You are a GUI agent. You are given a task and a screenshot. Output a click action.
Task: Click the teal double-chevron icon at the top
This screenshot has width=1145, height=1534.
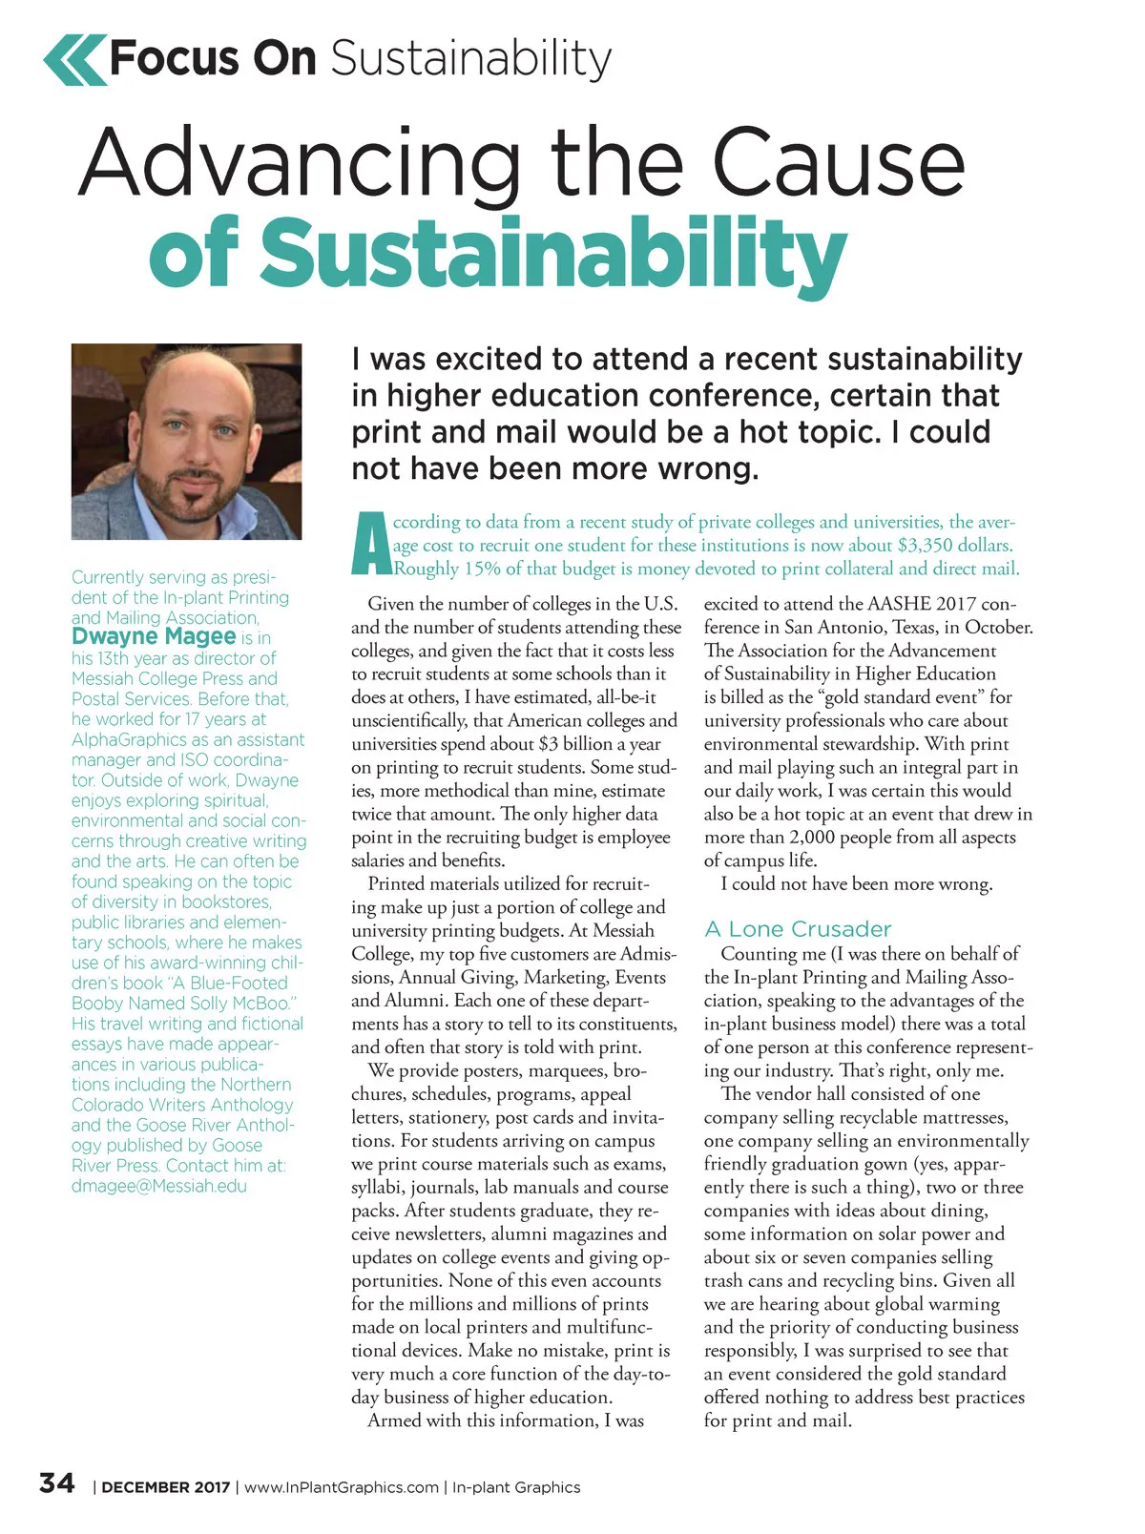tap(74, 59)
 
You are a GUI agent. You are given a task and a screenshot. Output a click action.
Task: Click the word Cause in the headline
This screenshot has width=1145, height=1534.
tap(839, 162)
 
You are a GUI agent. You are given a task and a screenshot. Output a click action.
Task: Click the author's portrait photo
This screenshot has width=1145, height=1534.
tap(186, 441)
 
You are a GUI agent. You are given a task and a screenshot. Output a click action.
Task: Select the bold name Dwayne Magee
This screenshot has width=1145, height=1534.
tap(154, 636)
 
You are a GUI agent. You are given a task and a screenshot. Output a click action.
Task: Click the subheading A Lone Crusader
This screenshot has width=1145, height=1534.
tap(798, 929)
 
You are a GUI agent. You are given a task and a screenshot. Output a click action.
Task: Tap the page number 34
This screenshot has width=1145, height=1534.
tap(56, 1483)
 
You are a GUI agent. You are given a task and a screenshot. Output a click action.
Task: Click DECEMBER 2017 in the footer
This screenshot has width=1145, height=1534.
tap(166, 1487)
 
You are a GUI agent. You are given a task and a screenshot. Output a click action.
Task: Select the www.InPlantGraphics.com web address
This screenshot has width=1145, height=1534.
tap(342, 1487)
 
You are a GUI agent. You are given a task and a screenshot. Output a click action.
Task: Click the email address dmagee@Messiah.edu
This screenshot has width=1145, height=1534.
tap(159, 1186)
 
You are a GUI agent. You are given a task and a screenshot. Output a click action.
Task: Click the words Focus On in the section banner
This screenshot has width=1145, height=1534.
tap(213, 59)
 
